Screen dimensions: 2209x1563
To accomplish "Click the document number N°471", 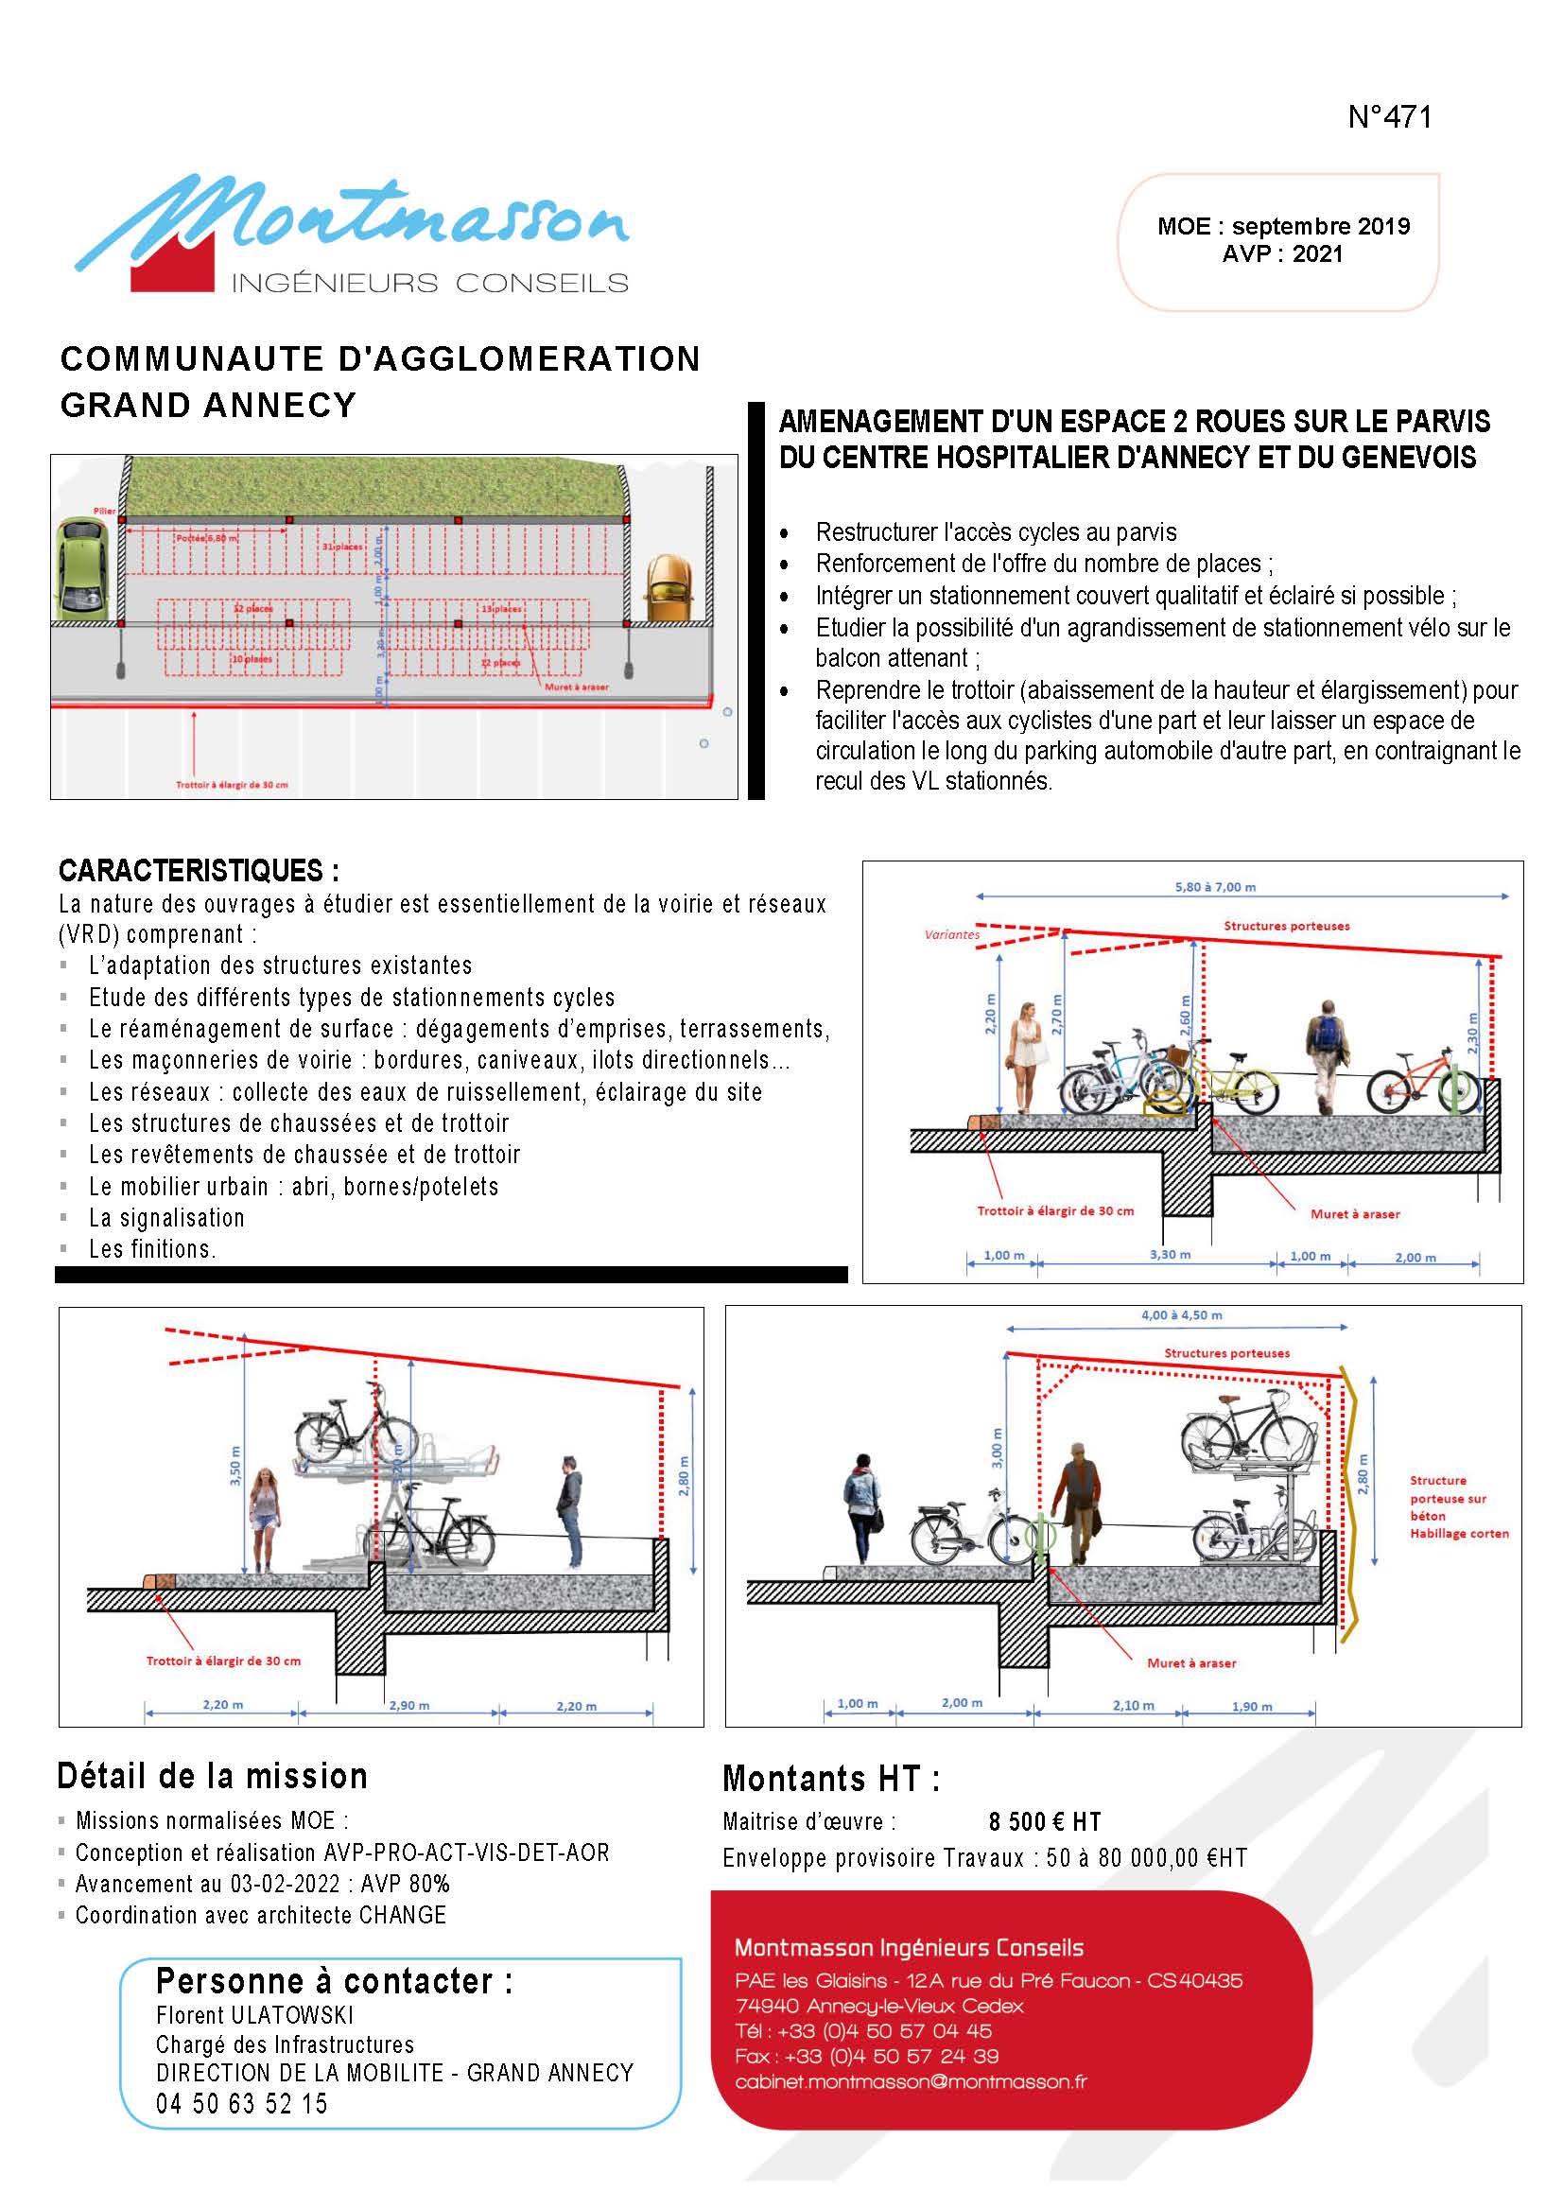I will coord(1389,116).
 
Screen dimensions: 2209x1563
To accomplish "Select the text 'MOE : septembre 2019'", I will coord(1283,226).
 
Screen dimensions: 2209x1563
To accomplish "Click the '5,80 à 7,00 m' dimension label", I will coord(1215,886).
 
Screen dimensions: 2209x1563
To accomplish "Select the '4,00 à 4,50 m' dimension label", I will coord(1180,1314).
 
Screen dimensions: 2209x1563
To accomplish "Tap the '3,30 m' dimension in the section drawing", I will coord(1170,1255).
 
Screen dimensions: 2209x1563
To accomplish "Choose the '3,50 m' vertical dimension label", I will coord(235,1466).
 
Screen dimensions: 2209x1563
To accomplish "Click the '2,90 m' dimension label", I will coord(409,1706).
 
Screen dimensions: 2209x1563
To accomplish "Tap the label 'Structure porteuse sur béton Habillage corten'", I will coord(1458,1507).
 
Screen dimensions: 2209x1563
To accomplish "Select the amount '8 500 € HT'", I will coord(1044,1821).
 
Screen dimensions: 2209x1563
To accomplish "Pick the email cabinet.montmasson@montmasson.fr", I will coord(911,2081).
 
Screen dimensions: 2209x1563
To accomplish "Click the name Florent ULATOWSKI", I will coord(255,2014).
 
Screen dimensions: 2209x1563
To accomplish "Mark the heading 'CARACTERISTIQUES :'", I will coord(199,871).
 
